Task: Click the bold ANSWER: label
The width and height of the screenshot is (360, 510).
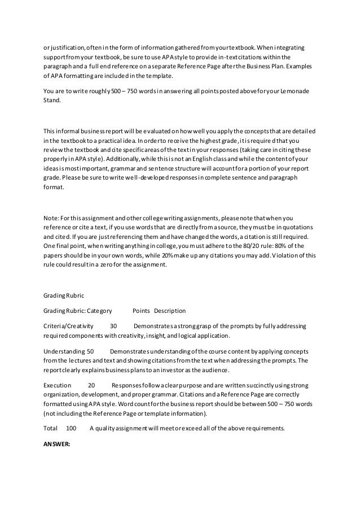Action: click(56, 444)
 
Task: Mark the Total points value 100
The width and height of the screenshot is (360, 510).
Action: click(71, 428)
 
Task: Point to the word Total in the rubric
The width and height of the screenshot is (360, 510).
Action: click(51, 428)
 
